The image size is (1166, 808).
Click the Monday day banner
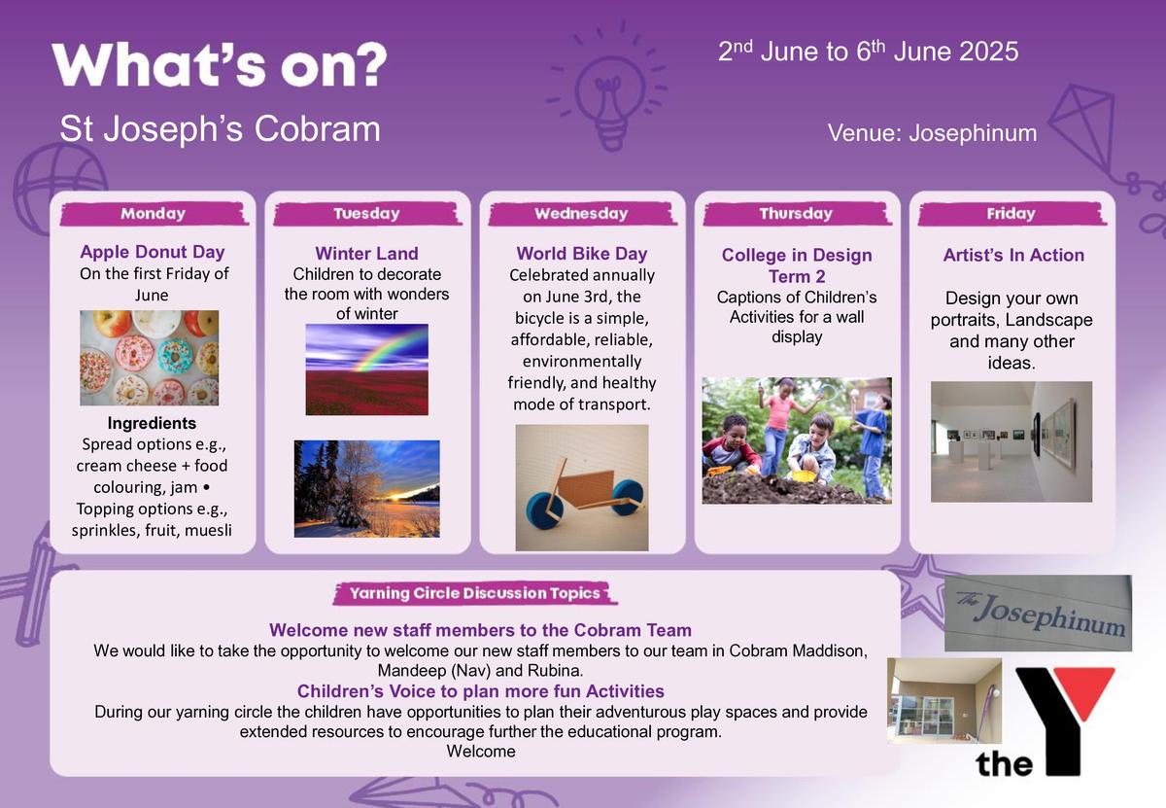point(154,214)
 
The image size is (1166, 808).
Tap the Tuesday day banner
point(367,214)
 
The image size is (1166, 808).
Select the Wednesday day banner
point(582,214)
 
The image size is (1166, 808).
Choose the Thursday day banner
point(797,214)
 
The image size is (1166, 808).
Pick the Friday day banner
point(1012,214)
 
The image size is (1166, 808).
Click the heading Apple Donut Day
point(153,252)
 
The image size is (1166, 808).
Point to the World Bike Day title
point(582,254)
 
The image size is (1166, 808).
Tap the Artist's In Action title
point(1013,255)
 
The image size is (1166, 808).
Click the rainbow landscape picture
point(367,369)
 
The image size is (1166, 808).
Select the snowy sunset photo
point(367,489)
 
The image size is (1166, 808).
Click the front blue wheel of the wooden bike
point(625,498)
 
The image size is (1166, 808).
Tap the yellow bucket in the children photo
point(804,476)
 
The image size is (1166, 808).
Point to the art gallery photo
point(1012,441)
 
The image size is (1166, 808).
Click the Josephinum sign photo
point(1038,614)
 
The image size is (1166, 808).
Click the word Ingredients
point(152,423)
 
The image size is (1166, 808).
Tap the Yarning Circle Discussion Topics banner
point(475,593)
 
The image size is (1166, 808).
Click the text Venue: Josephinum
point(932,133)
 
